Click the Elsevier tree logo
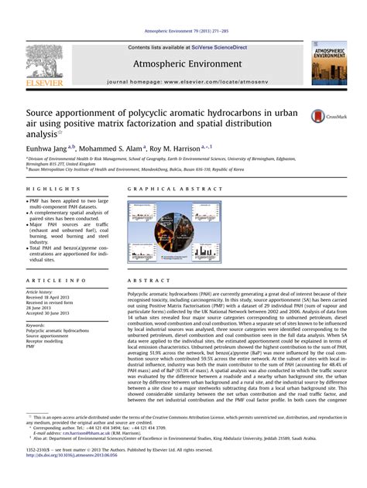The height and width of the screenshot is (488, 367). click(x=43, y=61)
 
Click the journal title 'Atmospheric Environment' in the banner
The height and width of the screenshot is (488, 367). click(x=183, y=64)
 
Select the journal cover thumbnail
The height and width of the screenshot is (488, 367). click(x=328, y=63)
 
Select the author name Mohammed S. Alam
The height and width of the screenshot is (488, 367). click(x=109, y=146)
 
